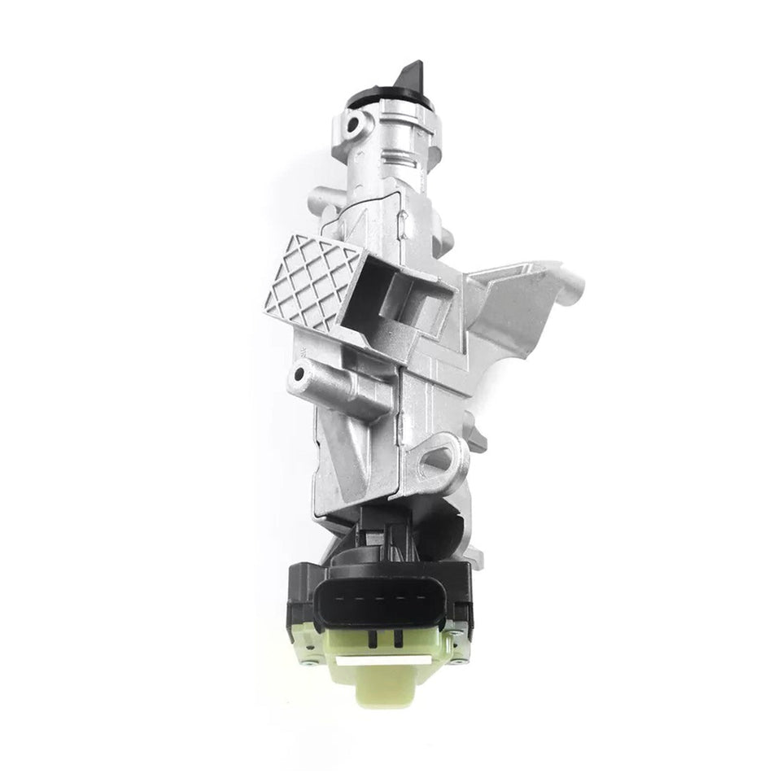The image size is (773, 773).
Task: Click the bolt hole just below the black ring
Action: click(355, 125)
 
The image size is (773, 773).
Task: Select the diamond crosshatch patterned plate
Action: click(313, 281)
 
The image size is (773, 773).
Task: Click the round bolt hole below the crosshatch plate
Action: click(300, 376)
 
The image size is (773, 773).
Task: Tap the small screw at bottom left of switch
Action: click(304, 640)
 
